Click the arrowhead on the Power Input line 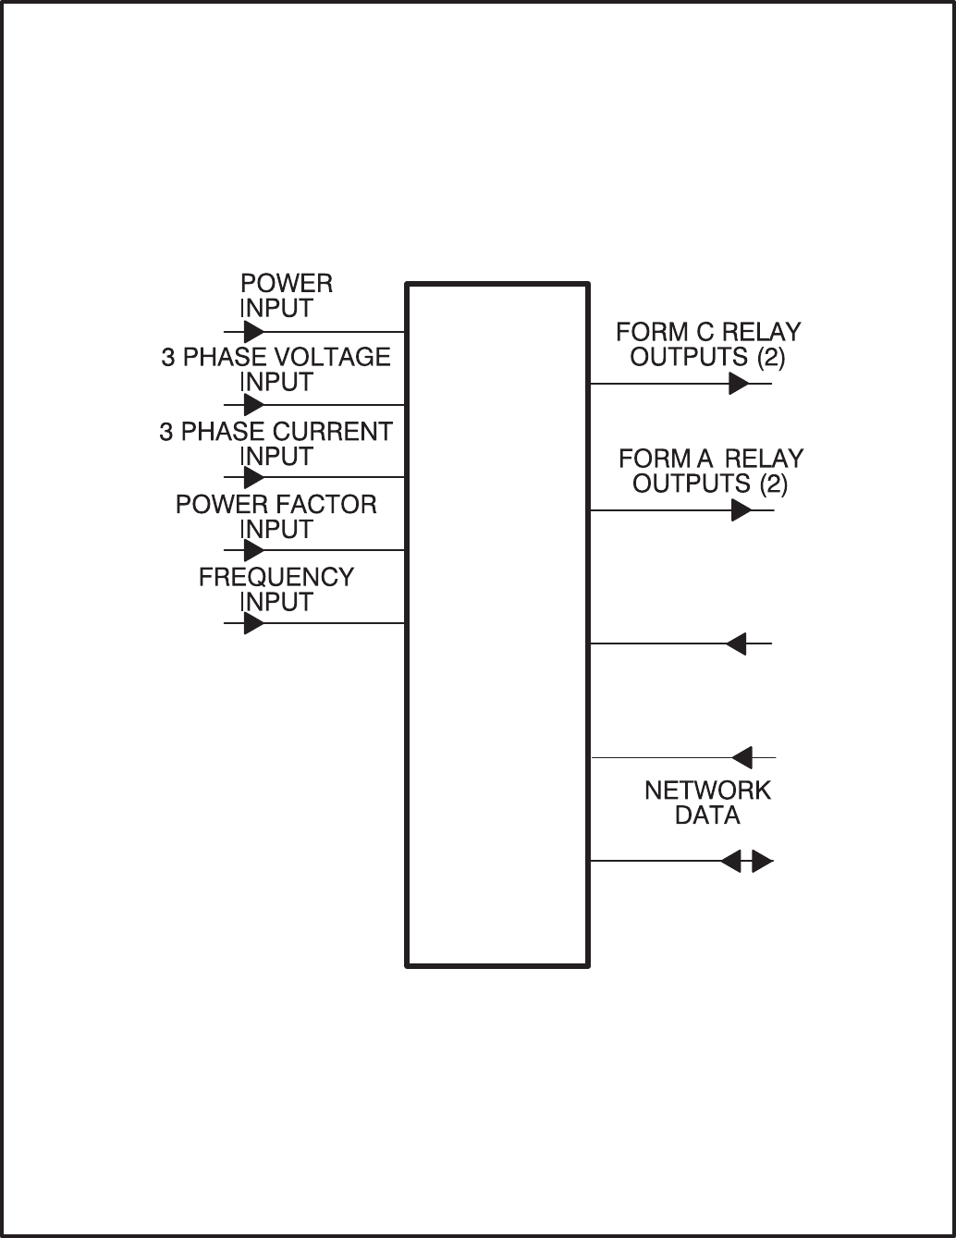[x=253, y=332]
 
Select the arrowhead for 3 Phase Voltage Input [x=253, y=405]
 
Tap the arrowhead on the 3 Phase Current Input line [x=253, y=478]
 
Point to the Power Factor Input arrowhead [x=253, y=551]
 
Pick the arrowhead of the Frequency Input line [x=253, y=623]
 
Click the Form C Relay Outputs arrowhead [x=738, y=384]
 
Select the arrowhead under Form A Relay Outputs [x=741, y=510]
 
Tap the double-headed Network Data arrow [x=747, y=862]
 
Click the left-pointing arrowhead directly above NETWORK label [x=742, y=758]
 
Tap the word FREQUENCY [x=276, y=578]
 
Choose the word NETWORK [x=707, y=791]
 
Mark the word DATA [x=707, y=815]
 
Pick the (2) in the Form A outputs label [x=773, y=484]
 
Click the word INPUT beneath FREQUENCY [x=276, y=602]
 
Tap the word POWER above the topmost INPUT [x=287, y=284]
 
